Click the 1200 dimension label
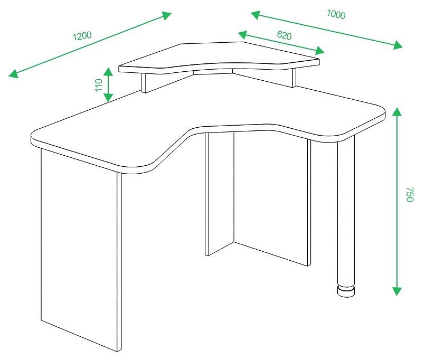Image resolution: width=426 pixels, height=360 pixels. point(82,35)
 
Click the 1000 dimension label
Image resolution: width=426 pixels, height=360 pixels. point(336,14)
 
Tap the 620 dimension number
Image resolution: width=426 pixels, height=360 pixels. point(284,35)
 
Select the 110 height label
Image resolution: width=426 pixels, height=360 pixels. point(99,85)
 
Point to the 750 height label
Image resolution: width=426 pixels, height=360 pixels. point(410,194)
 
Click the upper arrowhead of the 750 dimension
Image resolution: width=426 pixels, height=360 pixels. point(397,112)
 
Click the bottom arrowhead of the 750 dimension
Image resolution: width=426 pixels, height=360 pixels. point(397,291)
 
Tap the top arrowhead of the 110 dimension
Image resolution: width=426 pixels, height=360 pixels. point(108,72)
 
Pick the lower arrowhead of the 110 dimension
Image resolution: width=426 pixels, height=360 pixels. point(108,97)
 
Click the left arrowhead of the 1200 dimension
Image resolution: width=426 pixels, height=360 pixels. point(14,73)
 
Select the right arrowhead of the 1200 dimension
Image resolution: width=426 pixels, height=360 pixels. point(166,15)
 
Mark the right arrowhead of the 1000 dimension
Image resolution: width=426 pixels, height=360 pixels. point(397,45)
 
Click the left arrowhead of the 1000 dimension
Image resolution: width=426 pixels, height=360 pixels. point(255,15)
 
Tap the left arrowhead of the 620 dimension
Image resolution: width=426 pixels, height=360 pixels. point(243,35)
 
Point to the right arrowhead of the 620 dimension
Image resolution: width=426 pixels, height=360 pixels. point(319,51)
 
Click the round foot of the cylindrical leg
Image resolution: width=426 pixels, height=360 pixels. point(346,291)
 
